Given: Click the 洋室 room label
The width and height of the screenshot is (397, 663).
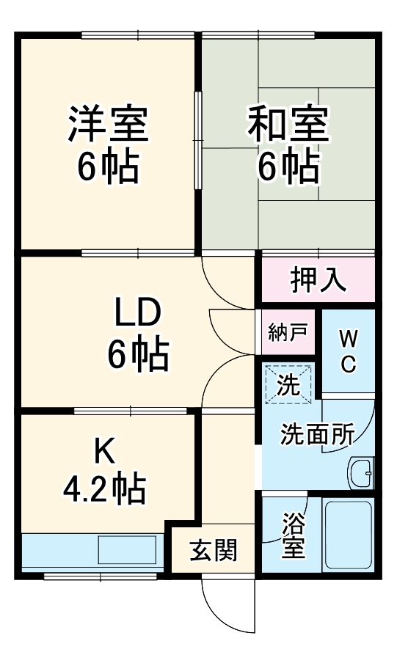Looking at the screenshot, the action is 109,123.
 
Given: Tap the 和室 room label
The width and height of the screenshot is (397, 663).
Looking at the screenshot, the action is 288,123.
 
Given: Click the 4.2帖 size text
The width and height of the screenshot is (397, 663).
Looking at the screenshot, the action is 104,488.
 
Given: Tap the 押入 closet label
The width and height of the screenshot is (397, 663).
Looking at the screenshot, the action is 318,279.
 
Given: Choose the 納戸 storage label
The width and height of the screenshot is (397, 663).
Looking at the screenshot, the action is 288,333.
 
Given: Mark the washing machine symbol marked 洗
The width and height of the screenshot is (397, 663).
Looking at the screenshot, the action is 288,385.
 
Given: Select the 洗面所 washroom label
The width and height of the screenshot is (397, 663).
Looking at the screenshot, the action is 318,434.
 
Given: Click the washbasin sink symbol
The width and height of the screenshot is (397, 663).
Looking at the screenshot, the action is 360,473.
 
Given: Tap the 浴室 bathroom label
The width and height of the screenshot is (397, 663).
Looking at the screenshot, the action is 293,535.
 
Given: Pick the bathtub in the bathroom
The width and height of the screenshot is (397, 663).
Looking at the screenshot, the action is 349,535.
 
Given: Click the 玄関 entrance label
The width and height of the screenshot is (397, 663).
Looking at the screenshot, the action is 214,550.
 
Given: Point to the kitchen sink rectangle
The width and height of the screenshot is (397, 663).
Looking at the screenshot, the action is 127,549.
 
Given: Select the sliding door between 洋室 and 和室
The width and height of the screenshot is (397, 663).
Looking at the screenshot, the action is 197,140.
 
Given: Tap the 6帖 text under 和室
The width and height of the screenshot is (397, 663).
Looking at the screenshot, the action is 288,166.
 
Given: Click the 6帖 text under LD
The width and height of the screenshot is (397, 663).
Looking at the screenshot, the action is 139,354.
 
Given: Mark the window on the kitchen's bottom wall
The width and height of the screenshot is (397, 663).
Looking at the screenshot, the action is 103,576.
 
